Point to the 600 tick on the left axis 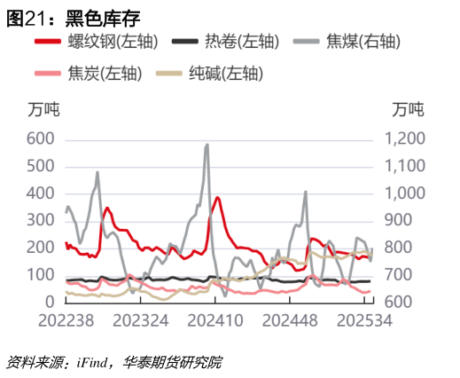41,139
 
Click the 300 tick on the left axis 41,221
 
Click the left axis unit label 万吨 43,111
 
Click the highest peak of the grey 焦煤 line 207,145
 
